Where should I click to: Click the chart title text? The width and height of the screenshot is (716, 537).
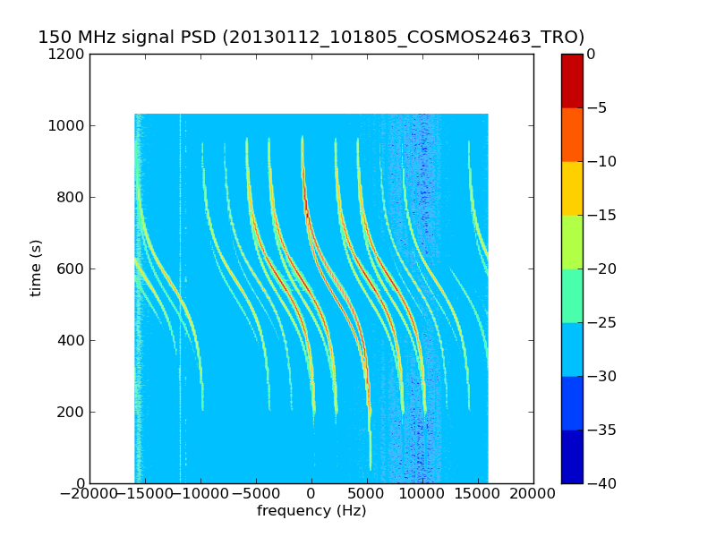(x=311, y=38)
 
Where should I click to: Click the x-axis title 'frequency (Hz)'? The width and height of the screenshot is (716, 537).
(x=311, y=511)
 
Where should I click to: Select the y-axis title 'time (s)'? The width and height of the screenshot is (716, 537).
(x=37, y=268)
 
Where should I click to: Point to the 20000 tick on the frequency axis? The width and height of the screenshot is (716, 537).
(x=533, y=493)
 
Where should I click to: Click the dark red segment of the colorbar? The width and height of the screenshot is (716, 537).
(x=572, y=81)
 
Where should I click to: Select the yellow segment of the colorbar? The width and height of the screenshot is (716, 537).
(x=572, y=188)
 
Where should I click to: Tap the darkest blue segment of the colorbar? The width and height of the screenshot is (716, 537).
(x=572, y=456)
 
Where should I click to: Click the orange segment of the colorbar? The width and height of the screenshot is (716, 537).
(x=572, y=134)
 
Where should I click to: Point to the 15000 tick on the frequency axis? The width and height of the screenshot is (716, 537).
(x=478, y=493)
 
